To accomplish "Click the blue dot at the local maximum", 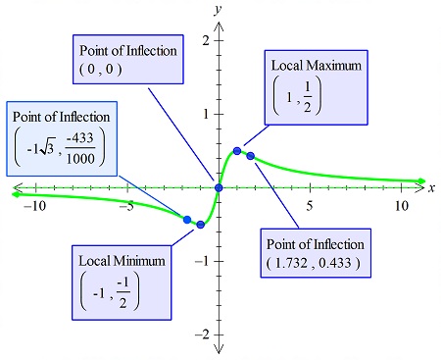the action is pyautogui.click(x=237, y=150).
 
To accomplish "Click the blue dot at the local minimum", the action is pyautogui.click(x=201, y=225).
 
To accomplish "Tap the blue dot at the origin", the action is pyautogui.click(x=219, y=187).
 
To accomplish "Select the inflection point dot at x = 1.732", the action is pyautogui.click(x=251, y=156).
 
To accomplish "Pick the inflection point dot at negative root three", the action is pyautogui.click(x=187, y=219).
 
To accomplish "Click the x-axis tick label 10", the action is pyautogui.click(x=402, y=206).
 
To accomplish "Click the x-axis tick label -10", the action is pyautogui.click(x=34, y=206).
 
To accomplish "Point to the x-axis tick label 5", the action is pyautogui.click(x=310, y=206).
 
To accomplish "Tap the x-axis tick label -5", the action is pyautogui.click(x=126, y=206).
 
